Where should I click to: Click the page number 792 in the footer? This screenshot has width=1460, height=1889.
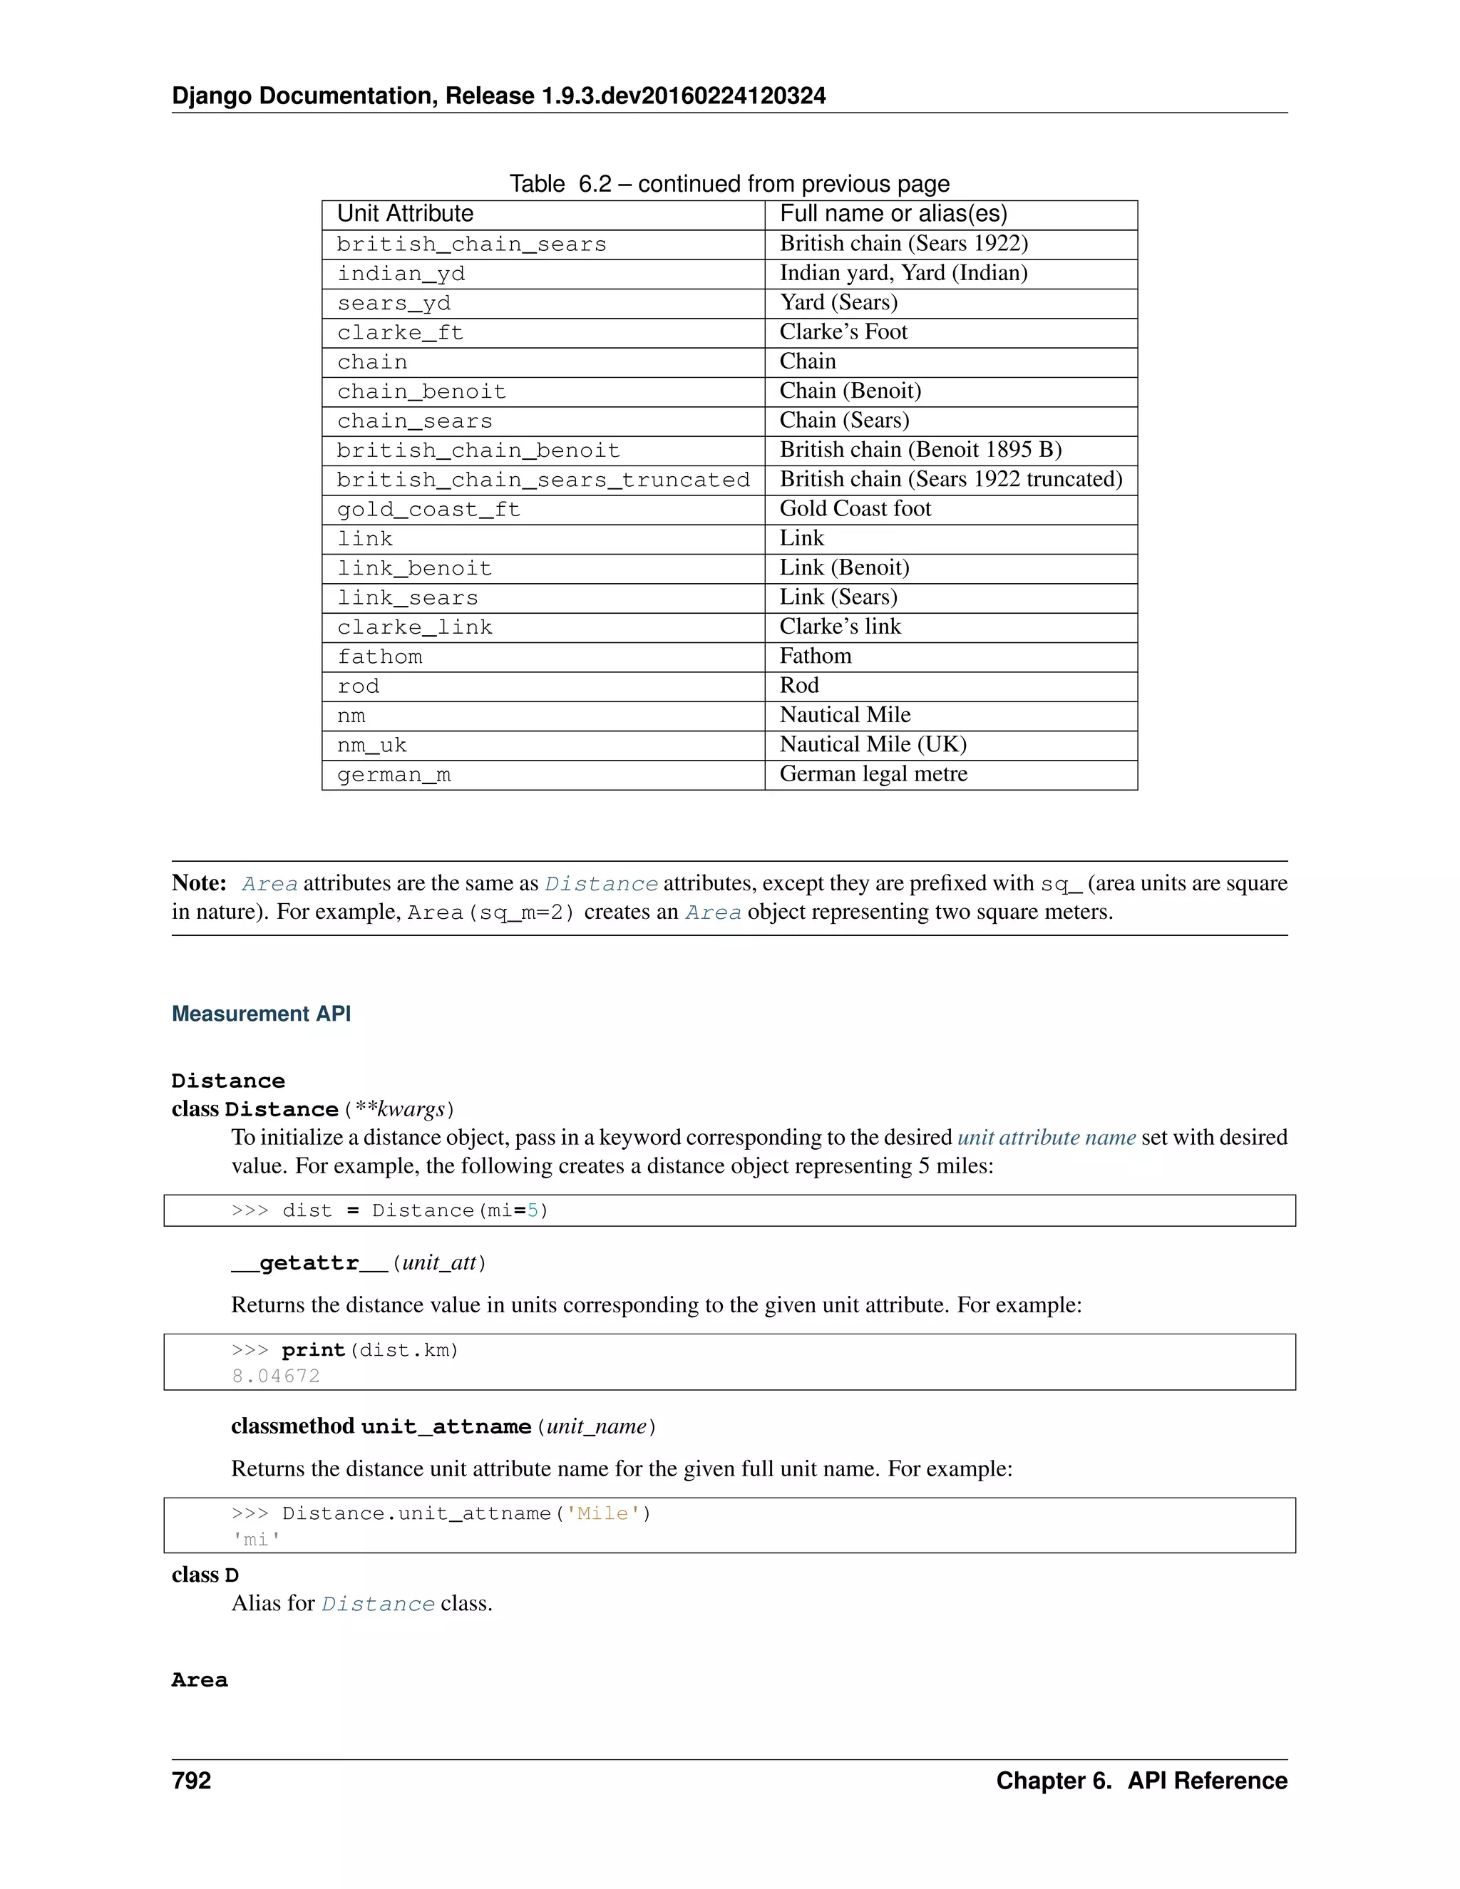coord(191,1781)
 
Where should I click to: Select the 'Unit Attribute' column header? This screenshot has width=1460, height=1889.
coord(405,214)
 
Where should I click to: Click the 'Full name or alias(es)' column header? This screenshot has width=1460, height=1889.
coord(893,214)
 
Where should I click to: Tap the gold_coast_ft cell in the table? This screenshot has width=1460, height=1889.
coord(429,510)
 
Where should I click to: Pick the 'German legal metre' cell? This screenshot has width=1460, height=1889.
coord(873,774)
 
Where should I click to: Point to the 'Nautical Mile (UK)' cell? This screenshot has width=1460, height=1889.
coord(873,745)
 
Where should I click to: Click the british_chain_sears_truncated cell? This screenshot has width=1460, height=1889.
coord(543,480)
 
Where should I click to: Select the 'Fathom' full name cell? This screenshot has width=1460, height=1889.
coord(815,657)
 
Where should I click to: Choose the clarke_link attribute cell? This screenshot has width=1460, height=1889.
coord(414,627)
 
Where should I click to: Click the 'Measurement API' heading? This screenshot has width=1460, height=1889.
coord(261,1014)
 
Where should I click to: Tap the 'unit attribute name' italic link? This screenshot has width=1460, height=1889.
coord(1046,1138)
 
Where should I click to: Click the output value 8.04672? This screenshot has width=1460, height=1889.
coord(276,1376)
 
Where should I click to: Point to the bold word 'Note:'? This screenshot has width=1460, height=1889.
coord(199,883)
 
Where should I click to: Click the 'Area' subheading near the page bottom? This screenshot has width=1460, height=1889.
coord(200,1681)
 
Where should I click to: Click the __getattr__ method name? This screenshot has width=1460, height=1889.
coord(309,1263)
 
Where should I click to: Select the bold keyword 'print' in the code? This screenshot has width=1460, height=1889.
coord(313,1350)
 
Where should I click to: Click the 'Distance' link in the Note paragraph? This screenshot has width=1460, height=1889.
coord(601,884)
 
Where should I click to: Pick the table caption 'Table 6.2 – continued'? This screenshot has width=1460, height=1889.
coord(729,184)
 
